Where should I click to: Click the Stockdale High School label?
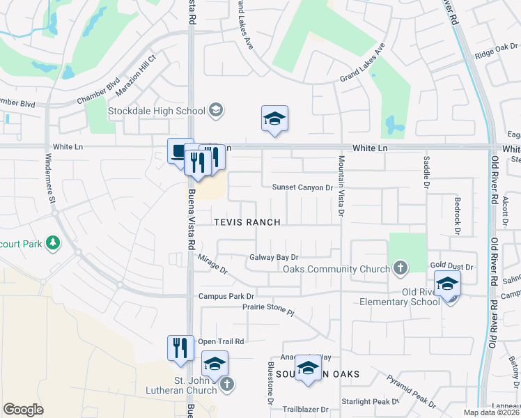[x=156, y=111]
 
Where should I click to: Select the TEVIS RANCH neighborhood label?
[x=247, y=222]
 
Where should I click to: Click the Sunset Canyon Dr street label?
[x=302, y=187]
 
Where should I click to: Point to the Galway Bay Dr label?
[x=274, y=257]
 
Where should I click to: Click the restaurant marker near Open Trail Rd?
[x=180, y=347]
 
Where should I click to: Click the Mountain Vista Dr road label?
[x=341, y=185]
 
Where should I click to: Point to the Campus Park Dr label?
[x=227, y=295]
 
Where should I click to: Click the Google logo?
[x=23, y=410]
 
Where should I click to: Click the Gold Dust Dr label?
[x=451, y=267]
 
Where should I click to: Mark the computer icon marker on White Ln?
[x=178, y=151]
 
